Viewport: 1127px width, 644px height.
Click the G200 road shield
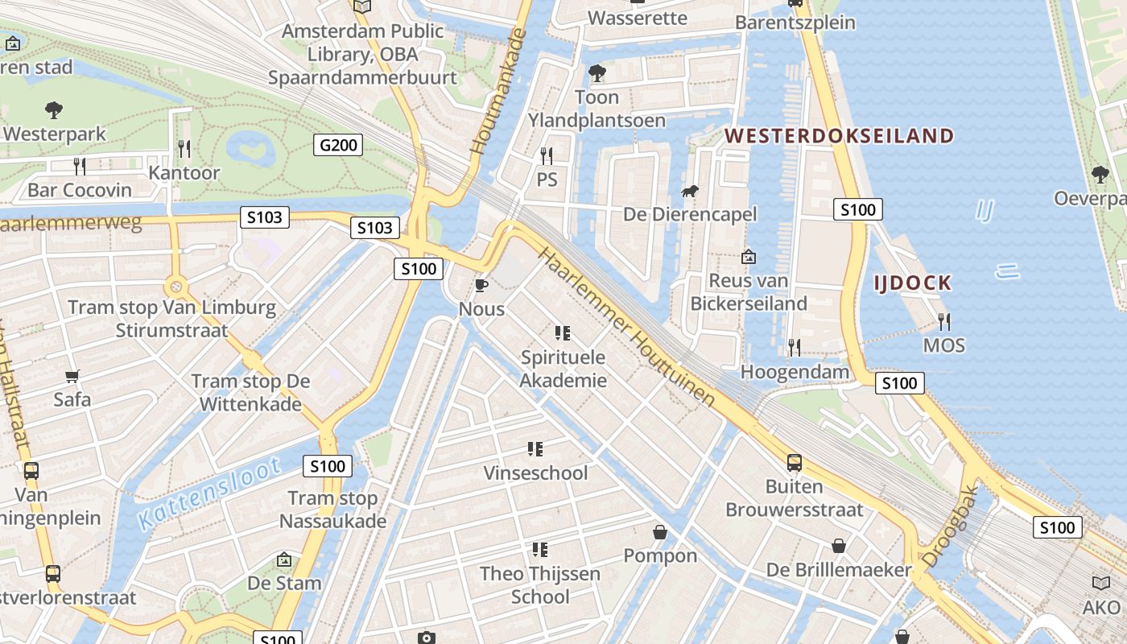point(337,145)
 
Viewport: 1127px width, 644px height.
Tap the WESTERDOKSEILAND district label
point(840,135)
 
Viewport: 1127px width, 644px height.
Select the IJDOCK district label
point(913,283)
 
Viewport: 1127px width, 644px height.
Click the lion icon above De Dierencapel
point(690,192)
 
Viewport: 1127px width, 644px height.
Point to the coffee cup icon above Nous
point(481,286)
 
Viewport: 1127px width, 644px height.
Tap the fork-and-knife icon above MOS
point(943,322)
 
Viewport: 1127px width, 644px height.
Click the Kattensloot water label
point(208,493)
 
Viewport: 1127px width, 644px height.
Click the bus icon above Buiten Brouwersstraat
point(794,463)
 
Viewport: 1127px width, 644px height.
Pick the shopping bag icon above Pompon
point(660,532)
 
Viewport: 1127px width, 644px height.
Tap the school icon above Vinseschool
point(535,448)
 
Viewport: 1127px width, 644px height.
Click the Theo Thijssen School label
point(540,585)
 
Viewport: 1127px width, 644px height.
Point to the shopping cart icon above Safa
point(72,376)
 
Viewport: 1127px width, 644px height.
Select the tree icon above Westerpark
point(54,109)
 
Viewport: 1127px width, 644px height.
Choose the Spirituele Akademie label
point(563,369)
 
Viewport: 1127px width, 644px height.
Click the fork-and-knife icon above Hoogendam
point(794,347)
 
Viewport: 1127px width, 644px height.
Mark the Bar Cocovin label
point(79,190)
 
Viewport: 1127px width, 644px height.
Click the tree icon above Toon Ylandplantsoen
point(597,73)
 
